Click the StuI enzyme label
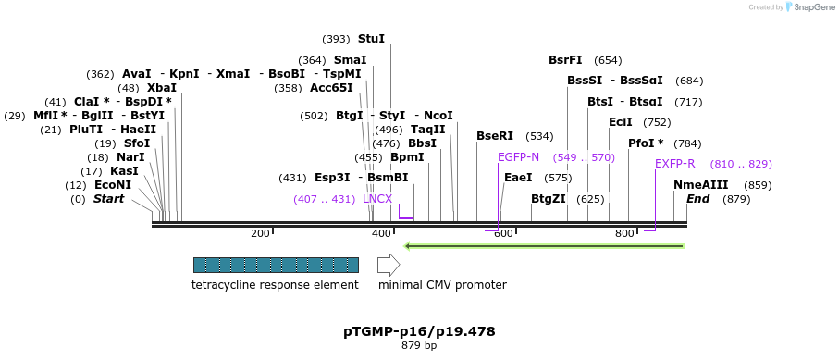(x=371, y=39)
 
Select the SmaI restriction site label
(x=351, y=60)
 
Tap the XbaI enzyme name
(x=161, y=88)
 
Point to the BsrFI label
(x=565, y=60)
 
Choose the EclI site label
(x=621, y=122)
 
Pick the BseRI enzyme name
(x=495, y=136)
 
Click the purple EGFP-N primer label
(x=518, y=157)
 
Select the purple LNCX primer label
(x=377, y=199)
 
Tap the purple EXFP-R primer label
(x=675, y=164)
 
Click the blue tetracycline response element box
(x=276, y=265)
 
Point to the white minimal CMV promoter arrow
(x=389, y=265)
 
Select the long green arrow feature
(x=545, y=246)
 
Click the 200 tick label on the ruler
(x=260, y=233)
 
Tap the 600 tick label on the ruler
(x=503, y=233)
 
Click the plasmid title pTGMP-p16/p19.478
(x=419, y=330)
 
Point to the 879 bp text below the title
(x=419, y=345)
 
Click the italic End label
(x=698, y=199)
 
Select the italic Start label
(x=108, y=199)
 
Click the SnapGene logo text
(x=811, y=7)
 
